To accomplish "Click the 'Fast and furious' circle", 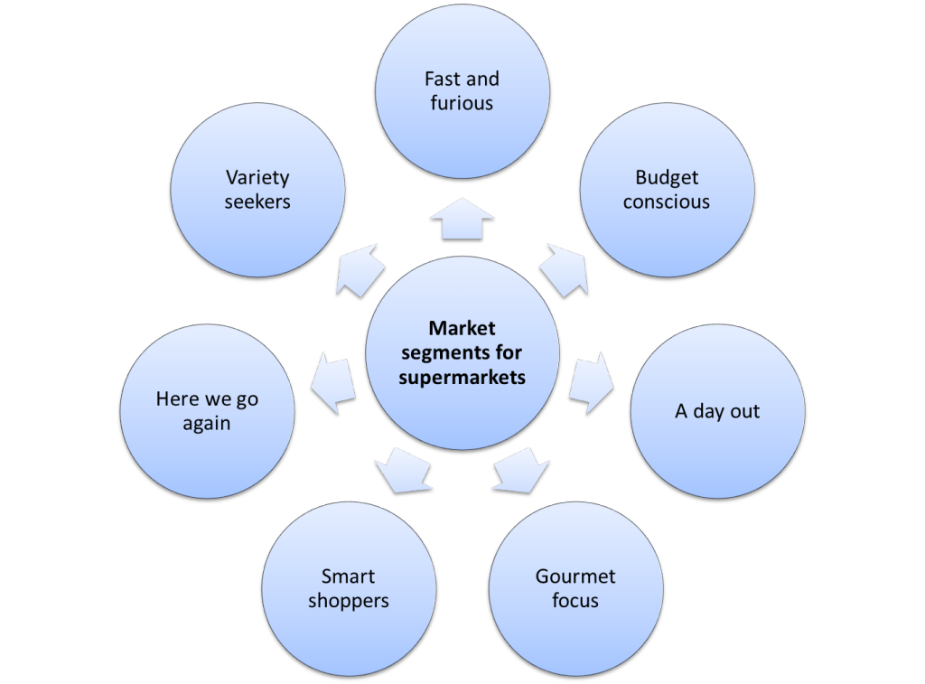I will tap(462, 90).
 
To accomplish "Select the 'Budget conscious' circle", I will tap(667, 190).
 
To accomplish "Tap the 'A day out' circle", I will tap(717, 412).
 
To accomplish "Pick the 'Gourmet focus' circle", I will tap(575, 588).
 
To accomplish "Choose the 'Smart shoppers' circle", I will tap(348, 588).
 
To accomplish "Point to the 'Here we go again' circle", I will tap(207, 412).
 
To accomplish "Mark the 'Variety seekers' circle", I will tap(257, 190).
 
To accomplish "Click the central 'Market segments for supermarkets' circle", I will tap(462, 353).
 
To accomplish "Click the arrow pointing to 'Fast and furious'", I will tap(462, 220).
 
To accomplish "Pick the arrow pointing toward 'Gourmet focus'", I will tap(521, 472).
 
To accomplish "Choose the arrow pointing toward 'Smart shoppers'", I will tap(402, 472).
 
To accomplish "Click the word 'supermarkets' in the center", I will tap(462, 378).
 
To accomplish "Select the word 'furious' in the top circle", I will tap(462, 103).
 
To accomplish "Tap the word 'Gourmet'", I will tap(575, 576).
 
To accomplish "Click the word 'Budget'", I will tap(667, 178).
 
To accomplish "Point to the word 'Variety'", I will tap(257, 178).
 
